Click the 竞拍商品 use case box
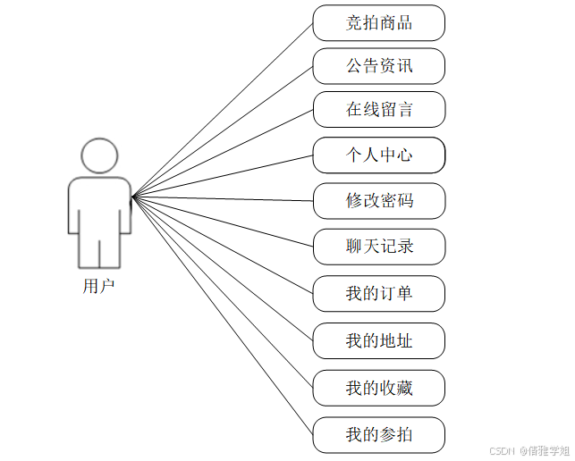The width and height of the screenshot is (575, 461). tap(379, 23)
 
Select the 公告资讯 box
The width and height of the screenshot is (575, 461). tap(379, 66)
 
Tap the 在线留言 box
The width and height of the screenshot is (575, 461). tap(379, 110)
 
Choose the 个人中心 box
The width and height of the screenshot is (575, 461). tap(379, 155)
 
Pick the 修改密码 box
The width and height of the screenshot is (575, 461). tap(379, 200)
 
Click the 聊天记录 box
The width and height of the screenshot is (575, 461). tap(379, 247)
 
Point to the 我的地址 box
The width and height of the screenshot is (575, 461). tap(379, 340)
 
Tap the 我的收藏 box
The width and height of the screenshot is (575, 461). tap(379, 388)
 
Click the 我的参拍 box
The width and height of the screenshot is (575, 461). tap(379, 435)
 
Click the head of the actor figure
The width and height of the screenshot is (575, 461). tap(99, 155)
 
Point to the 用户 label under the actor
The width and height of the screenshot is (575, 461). tap(98, 287)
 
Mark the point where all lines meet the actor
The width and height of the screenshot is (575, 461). tap(132, 197)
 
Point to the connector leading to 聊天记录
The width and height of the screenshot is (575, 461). tap(224, 222)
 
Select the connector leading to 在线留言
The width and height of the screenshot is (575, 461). tap(224, 153)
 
